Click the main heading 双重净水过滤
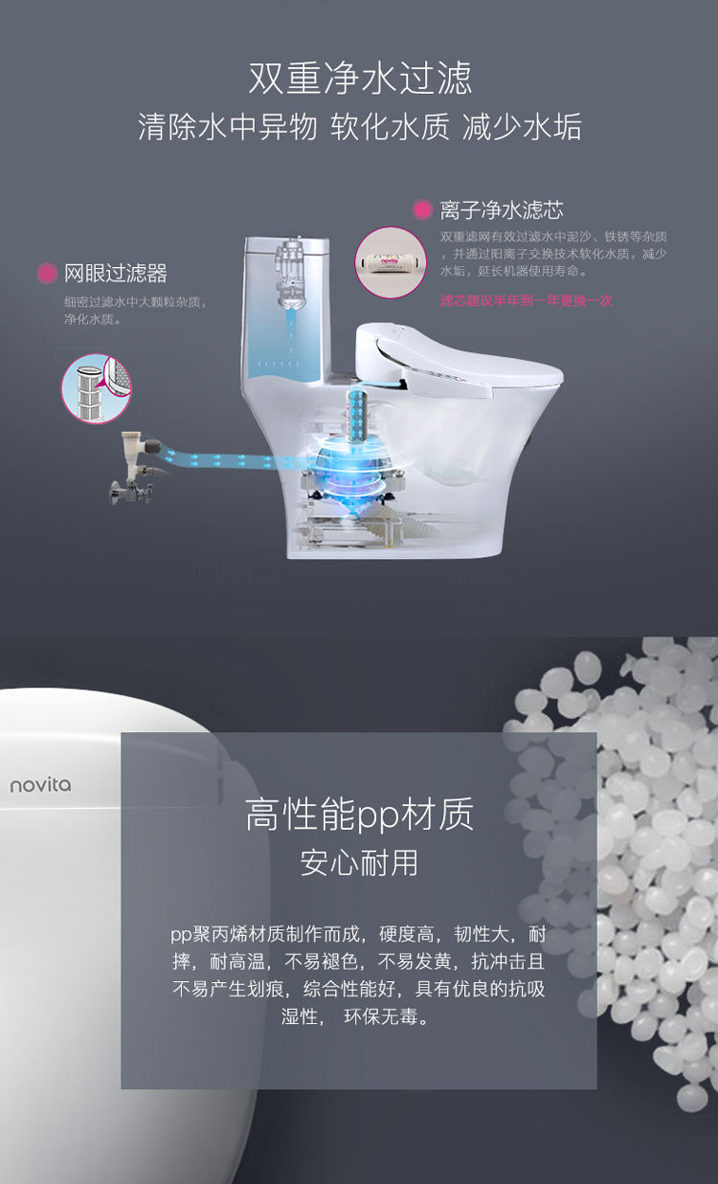(360, 78)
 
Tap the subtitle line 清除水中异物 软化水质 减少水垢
(360, 127)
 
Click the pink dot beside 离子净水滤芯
(422, 210)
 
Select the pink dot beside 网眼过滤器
(47, 274)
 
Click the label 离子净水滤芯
(502, 211)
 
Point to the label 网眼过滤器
(116, 274)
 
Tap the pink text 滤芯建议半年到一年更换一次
(527, 301)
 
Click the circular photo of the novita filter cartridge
(391, 262)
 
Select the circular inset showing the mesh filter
(97, 389)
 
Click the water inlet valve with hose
(134, 467)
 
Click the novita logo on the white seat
(40, 785)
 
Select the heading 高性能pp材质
(359, 815)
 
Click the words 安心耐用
(359, 863)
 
